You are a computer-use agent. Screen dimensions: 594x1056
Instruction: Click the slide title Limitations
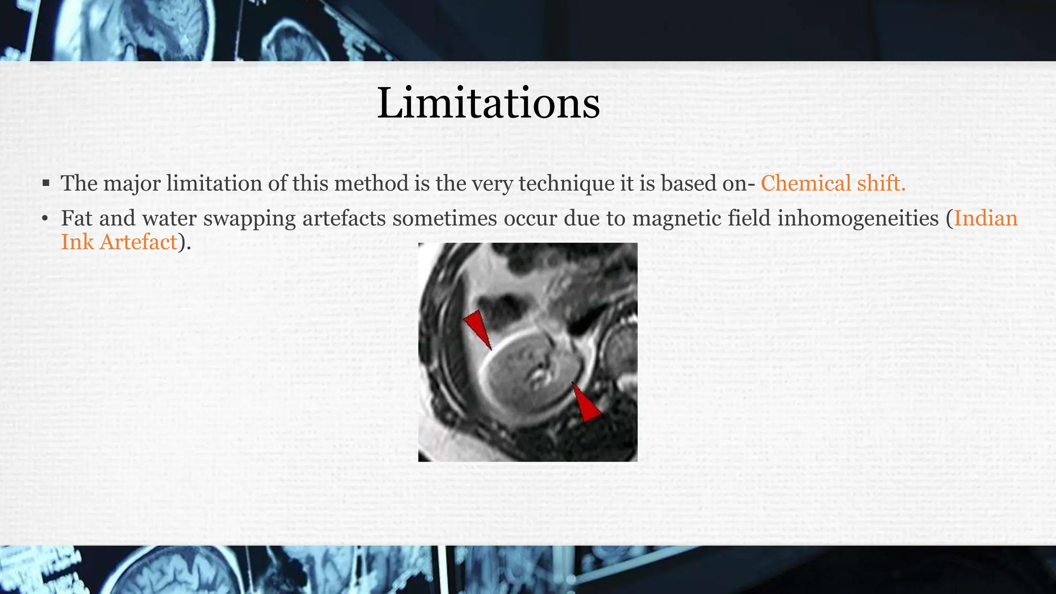[x=488, y=103]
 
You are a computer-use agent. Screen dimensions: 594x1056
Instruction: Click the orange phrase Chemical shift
[x=833, y=184]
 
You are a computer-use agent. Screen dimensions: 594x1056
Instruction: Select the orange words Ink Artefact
[x=119, y=242]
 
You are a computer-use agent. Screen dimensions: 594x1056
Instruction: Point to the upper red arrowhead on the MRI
[x=477, y=328]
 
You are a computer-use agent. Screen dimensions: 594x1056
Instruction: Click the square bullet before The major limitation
[x=46, y=183]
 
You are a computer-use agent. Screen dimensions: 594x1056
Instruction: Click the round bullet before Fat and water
[x=45, y=219]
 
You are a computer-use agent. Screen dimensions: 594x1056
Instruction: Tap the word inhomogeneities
[x=857, y=218]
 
